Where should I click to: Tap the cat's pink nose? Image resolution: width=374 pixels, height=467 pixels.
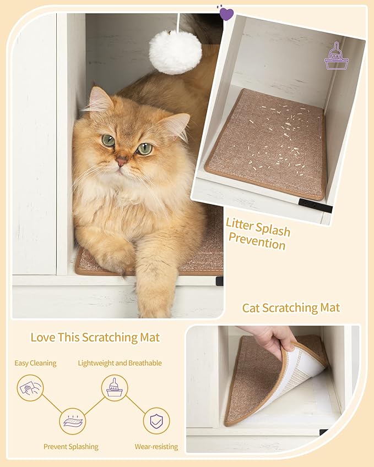[121, 161]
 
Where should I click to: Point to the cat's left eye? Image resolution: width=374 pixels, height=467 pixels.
[144, 149]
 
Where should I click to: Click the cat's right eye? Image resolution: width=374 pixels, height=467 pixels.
[109, 141]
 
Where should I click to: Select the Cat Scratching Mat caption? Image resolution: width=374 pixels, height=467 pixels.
[291, 307]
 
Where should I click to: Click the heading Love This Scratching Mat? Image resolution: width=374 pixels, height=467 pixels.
[95, 337]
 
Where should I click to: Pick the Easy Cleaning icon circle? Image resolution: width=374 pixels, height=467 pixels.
[30, 387]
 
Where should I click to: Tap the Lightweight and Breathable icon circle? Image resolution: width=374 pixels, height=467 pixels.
[115, 387]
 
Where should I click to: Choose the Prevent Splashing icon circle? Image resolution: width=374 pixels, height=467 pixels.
[73, 421]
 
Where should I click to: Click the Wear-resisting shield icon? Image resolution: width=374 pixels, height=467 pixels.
[156, 421]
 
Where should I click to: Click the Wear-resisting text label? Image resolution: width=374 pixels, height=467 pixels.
[156, 447]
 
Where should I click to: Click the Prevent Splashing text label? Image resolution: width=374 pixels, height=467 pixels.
[71, 447]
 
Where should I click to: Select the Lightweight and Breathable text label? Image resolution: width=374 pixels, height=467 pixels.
[120, 363]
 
